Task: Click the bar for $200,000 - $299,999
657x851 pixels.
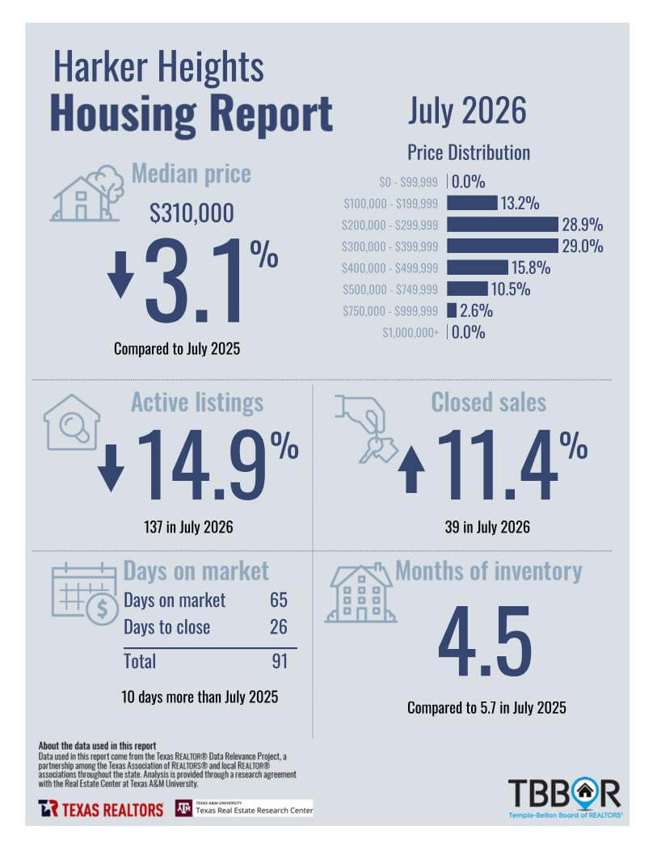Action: [503, 225]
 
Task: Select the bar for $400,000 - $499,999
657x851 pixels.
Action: [478, 268]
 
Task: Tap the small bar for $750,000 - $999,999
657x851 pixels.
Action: [452, 310]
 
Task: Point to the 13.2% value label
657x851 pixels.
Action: [520, 204]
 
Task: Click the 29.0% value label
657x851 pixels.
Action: [583, 246]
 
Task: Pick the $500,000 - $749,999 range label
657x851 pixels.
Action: [390, 289]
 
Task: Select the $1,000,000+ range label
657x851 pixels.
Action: [411, 332]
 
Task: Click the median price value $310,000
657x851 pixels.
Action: [192, 213]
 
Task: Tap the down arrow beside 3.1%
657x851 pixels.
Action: [120, 274]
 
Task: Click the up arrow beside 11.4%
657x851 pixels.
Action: [411, 470]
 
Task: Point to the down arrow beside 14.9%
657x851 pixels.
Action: [112, 468]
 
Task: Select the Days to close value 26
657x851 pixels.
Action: [279, 627]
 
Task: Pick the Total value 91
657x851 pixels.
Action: [280, 661]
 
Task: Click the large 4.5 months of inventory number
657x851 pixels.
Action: [485, 642]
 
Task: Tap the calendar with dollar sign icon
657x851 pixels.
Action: [85, 594]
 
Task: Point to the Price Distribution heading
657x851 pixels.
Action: [469, 153]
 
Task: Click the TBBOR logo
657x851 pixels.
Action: [565, 798]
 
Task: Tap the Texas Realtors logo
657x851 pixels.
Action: [101, 809]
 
